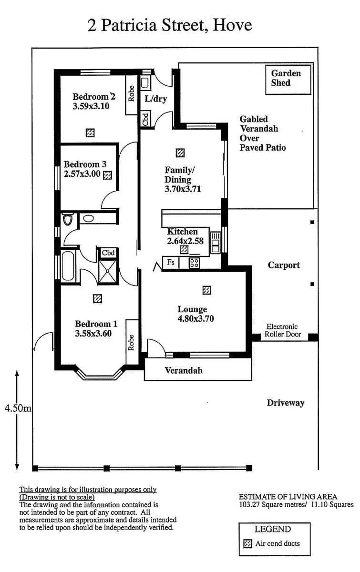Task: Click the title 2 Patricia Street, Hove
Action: click(x=170, y=25)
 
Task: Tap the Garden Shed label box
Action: click(x=286, y=78)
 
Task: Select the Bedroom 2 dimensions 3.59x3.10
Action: click(x=91, y=106)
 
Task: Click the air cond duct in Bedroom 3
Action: click(x=108, y=175)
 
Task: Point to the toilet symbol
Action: click(x=69, y=220)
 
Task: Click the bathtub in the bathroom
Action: click(x=67, y=266)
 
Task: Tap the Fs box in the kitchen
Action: click(x=171, y=262)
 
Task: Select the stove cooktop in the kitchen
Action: click(x=194, y=262)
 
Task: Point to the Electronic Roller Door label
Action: click(x=282, y=330)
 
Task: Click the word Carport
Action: click(x=284, y=265)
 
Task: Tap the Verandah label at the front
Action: click(x=184, y=370)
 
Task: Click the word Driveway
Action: click(x=286, y=403)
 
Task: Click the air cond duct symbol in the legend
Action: click(x=247, y=544)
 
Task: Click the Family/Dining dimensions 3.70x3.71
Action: click(x=183, y=189)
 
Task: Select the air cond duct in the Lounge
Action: click(x=206, y=290)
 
